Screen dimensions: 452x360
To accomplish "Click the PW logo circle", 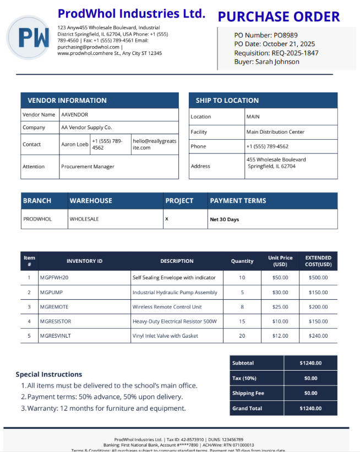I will tap(28, 37).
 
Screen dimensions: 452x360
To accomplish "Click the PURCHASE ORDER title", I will tap(279, 16).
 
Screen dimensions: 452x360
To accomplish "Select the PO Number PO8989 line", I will tap(266, 35).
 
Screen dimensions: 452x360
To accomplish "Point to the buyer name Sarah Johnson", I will tap(277, 62).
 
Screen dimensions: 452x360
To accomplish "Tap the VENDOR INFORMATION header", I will tap(67, 101).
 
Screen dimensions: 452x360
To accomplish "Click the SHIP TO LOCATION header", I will tap(227, 101).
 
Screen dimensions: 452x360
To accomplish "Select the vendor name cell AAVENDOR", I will tap(75, 115).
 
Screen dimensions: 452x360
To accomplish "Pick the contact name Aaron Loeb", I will tap(75, 145).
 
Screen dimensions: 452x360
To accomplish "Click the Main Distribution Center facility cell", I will tap(275, 132).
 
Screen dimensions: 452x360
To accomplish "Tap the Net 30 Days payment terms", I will tap(225, 219).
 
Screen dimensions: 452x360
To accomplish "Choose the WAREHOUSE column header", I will tap(91, 201).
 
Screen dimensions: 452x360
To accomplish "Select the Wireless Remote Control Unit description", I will tap(167, 307).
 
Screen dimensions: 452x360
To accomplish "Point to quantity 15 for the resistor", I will tap(242, 321).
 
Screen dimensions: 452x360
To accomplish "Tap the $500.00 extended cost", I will tap(318, 278).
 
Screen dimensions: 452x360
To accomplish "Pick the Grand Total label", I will tap(247, 409).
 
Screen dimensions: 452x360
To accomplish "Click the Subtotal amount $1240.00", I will tap(310, 363).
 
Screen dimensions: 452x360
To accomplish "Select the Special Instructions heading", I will tap(49, 374).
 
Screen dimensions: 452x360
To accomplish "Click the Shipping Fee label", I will tap(248, 393).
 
